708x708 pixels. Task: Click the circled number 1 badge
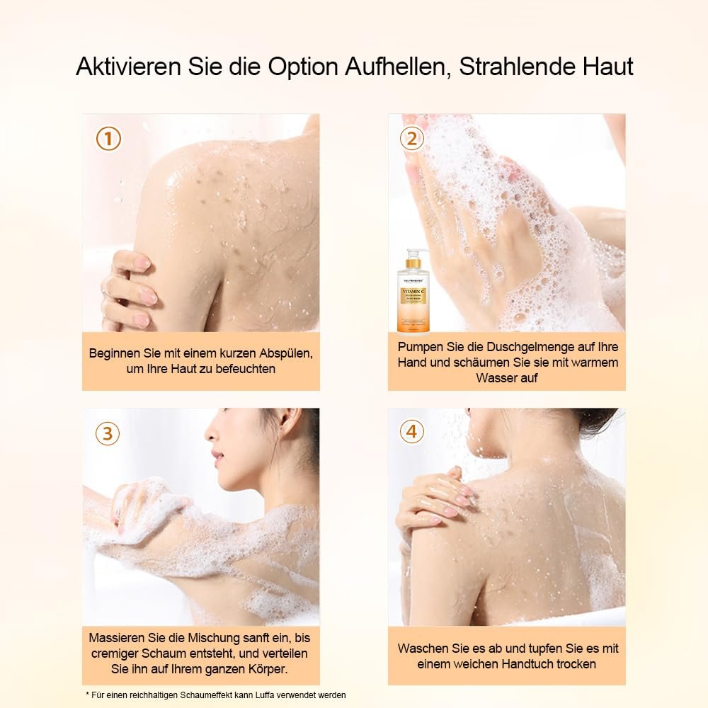pyautogui.click(x=108, y=139)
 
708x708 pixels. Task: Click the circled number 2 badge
pyautogui.click(x=412, y=139)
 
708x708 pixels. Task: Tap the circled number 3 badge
pyautogui.click(x=108, y=433)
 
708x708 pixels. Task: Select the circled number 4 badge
pyautogui.click(x=412, y=431)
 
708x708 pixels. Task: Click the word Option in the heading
pyautogui.click(x=303, y=67)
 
